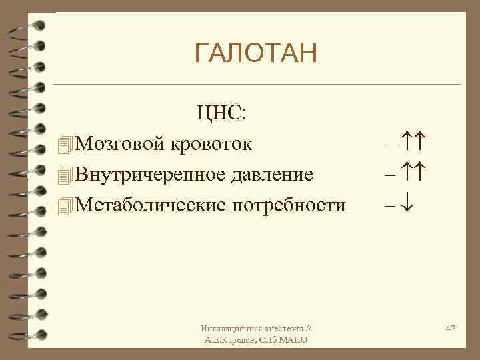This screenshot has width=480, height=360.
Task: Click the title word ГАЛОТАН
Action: pos(256,53)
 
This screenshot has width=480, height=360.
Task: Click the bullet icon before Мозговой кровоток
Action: pos(63,144)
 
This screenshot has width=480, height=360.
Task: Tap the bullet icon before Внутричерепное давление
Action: pos(63,175)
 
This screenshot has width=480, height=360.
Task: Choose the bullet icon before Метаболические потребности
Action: pos(63,206)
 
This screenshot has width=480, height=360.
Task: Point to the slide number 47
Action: pos(450,329)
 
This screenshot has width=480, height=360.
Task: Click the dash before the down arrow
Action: pos(390,205)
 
